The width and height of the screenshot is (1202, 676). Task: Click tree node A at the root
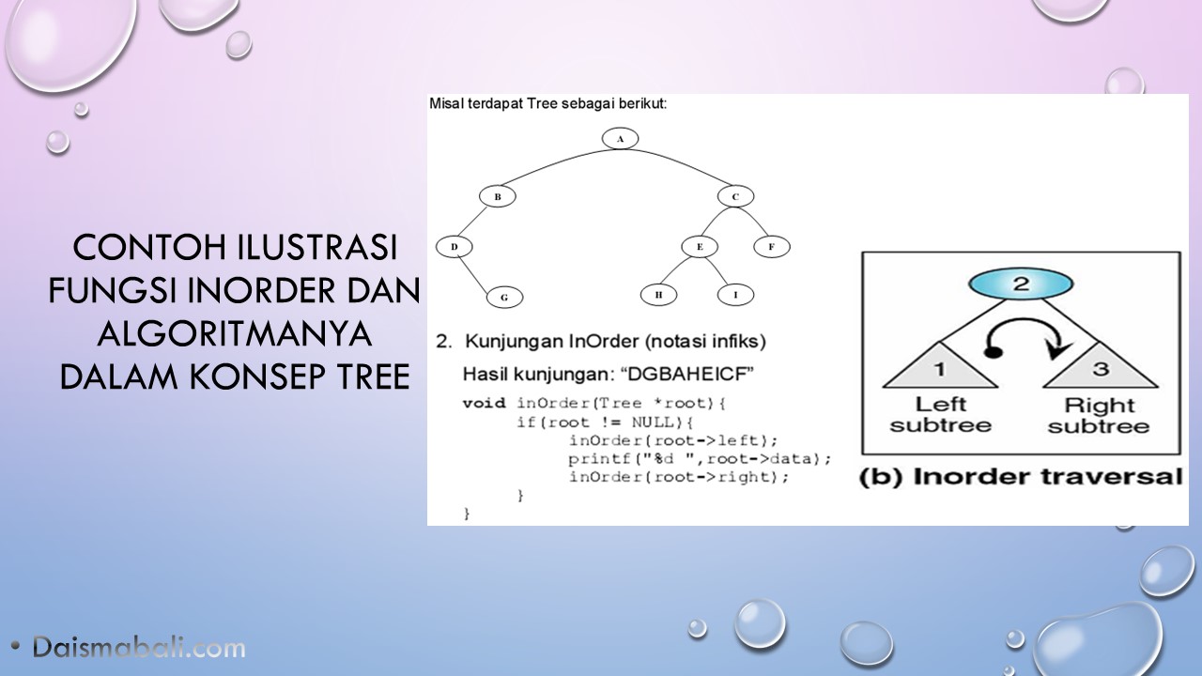[620, 139]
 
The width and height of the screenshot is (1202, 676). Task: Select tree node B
[498, 196]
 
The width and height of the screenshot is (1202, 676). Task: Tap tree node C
[735, 196]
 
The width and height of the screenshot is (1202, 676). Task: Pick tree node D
[454, 247]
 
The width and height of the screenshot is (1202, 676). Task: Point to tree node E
[700, 247]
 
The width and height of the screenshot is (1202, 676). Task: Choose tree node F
[772, 247]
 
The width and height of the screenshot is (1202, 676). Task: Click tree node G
[504, 298]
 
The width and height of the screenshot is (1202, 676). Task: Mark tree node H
[658, 295]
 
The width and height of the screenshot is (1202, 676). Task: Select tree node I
[735, 295]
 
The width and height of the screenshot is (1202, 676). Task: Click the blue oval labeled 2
[1021, 284]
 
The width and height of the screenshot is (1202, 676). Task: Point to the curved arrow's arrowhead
[1058, 350]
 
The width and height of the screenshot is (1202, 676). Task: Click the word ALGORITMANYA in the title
[235, 333]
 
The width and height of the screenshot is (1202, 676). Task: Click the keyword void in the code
[484, 403]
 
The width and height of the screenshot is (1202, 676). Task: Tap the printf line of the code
[700, 459]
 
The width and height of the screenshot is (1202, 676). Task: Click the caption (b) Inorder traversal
[1021, 477]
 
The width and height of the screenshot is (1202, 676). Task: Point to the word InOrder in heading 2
[604, 341]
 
